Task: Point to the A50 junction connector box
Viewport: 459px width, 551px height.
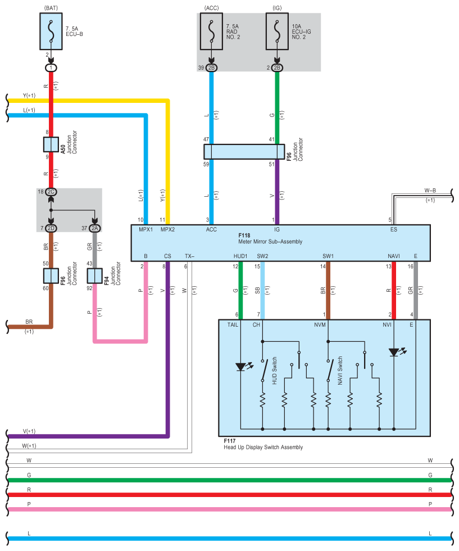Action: coord(51,144)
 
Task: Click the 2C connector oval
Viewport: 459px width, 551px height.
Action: coord(51,192)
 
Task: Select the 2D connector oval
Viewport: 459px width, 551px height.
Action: coord(51,228)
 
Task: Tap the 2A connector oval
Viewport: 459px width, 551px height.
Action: coord(95,228)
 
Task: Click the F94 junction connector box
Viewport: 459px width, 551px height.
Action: coord(95,275)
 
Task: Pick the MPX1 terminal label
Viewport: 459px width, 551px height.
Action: coord(146,229)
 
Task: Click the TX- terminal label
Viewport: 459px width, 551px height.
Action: coord(189,256)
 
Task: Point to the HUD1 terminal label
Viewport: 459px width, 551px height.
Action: coord(240,256)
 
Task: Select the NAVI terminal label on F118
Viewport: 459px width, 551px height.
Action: coord(393,256)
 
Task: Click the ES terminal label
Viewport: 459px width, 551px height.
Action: coord(393,229)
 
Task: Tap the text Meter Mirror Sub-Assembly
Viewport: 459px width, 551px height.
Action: coord(270,242)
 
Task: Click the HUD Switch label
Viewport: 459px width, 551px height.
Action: coord(275,371)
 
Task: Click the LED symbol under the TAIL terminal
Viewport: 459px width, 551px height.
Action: coord(241,367)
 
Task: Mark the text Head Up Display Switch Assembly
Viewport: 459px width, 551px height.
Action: coord(263,448)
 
